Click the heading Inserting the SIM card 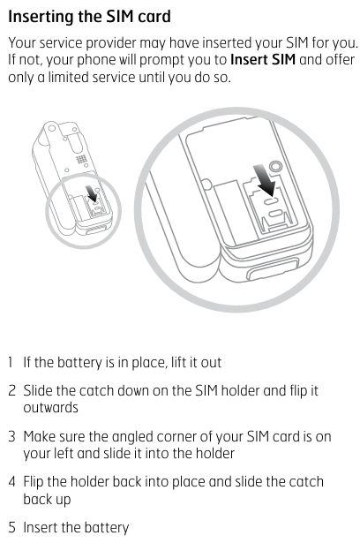point(89,17)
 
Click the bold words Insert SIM point(263,59)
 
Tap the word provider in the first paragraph point(111,43)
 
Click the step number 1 point(11,362)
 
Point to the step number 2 point(11,390)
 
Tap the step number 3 point(11,436)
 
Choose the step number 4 point(11,482)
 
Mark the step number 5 point(11,527)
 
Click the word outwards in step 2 point(50,408)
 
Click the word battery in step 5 point(106,528)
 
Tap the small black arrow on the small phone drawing point(92,193)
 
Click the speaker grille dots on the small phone point(81,160)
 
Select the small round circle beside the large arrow point(275,166)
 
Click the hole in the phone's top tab point(51,128)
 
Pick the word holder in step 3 point(215,453)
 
